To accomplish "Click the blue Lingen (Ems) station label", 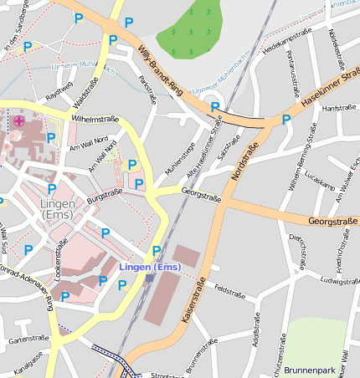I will pyautogui.click(x=150, y=267).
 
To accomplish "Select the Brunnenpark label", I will pyautogui.click(x=311, y=369).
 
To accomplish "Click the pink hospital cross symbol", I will pyautogui.click(x=18, y=121).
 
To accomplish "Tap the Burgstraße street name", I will pyautogui.click(x=105, y=197).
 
